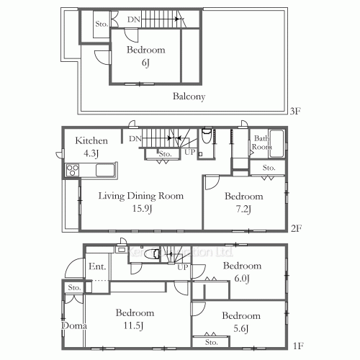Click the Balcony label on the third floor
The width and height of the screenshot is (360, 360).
[189, 96]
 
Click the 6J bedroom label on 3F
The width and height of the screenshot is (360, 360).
[145, 57]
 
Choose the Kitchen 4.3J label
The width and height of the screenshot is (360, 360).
[91, 148]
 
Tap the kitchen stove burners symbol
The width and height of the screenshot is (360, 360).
[73, 171]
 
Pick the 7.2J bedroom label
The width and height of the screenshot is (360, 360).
[243, 202]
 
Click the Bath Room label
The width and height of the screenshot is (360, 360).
[260, 143]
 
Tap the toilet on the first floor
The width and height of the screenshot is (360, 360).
[151, 254]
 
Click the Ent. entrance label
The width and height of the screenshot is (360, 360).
[97, 267]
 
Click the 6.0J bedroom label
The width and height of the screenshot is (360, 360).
[241, 272]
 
